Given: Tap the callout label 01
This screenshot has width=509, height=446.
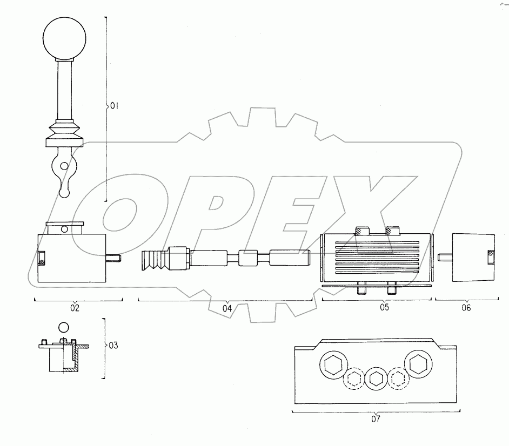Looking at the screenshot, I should [113, 106].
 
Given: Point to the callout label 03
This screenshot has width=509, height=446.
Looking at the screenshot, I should [112, 344].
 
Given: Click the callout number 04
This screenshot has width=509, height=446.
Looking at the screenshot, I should [226, 308].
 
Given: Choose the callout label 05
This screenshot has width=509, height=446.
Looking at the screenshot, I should [384, 308].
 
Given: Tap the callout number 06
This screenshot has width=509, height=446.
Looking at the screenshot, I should [466, 308].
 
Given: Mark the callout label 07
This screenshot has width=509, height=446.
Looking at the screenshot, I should [376, 419].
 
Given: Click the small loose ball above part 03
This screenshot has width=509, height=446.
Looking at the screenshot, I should [64, 327].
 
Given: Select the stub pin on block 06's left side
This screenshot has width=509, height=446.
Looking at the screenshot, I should [446, 256].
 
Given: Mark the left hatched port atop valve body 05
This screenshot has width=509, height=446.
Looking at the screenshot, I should [359, 231].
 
